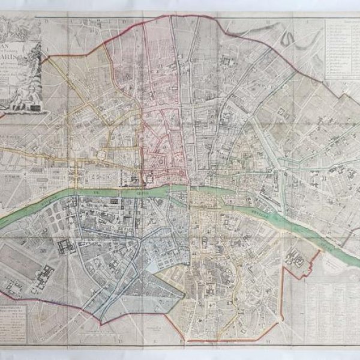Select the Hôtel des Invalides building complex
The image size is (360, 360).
(66, 245)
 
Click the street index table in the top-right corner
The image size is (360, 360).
(342, 51)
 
